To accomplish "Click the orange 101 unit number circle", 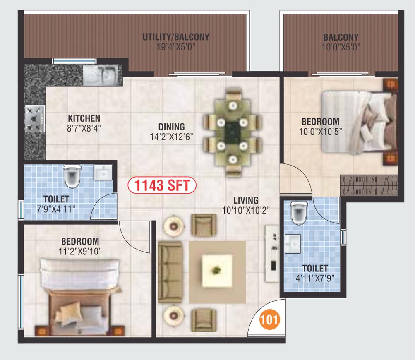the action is coord(269,319).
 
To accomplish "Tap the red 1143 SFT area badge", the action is coord(162,185).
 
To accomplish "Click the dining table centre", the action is coord(233,132).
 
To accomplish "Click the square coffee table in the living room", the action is coord(217,271).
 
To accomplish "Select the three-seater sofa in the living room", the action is coord(170,272).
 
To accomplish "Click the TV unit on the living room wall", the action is coord(272,254).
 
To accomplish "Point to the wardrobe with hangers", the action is coord(369,185).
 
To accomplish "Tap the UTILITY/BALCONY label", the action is coord(176,37).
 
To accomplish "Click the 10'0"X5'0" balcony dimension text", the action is coord(341,47).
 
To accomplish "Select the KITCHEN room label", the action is coord(84,118).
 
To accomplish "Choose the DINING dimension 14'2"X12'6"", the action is coord(172,137).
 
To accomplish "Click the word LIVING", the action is coord(246,200).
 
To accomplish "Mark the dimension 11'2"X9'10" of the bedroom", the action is coord(80,251).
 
